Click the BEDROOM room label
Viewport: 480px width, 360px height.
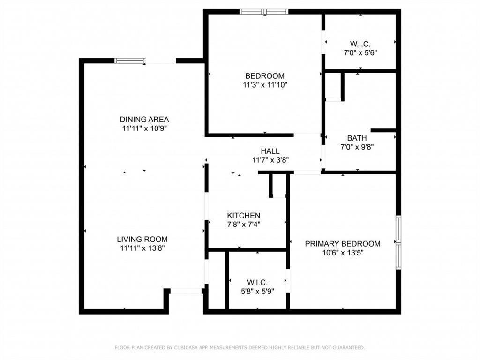[x=265, y=76]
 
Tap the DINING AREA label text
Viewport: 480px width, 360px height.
[x=144, y=119]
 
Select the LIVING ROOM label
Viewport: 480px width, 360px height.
[x=142, y=239]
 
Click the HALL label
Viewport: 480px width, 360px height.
[x=270, y=151]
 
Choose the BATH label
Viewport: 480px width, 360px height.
[x=357, y=138]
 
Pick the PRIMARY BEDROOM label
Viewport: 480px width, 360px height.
[x=343, y=244]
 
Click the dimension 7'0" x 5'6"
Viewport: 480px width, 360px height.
[x=360, y=53]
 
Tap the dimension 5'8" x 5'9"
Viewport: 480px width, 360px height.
[x=257, y=291]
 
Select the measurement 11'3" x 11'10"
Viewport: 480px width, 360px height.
[x=265, y=85]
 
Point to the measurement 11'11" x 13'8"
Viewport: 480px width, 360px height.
[x=142, y=248]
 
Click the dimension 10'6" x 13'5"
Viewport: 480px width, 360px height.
[x=343, y=252]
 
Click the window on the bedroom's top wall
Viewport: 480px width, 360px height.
[x=263, y=12]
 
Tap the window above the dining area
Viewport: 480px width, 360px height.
[x=130, y=60]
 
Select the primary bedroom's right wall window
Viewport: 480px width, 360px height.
[x=398, y=242]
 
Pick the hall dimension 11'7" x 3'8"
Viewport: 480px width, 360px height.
[x=270, y=159]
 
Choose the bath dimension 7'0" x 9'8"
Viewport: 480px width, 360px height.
[x=357, y=147]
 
